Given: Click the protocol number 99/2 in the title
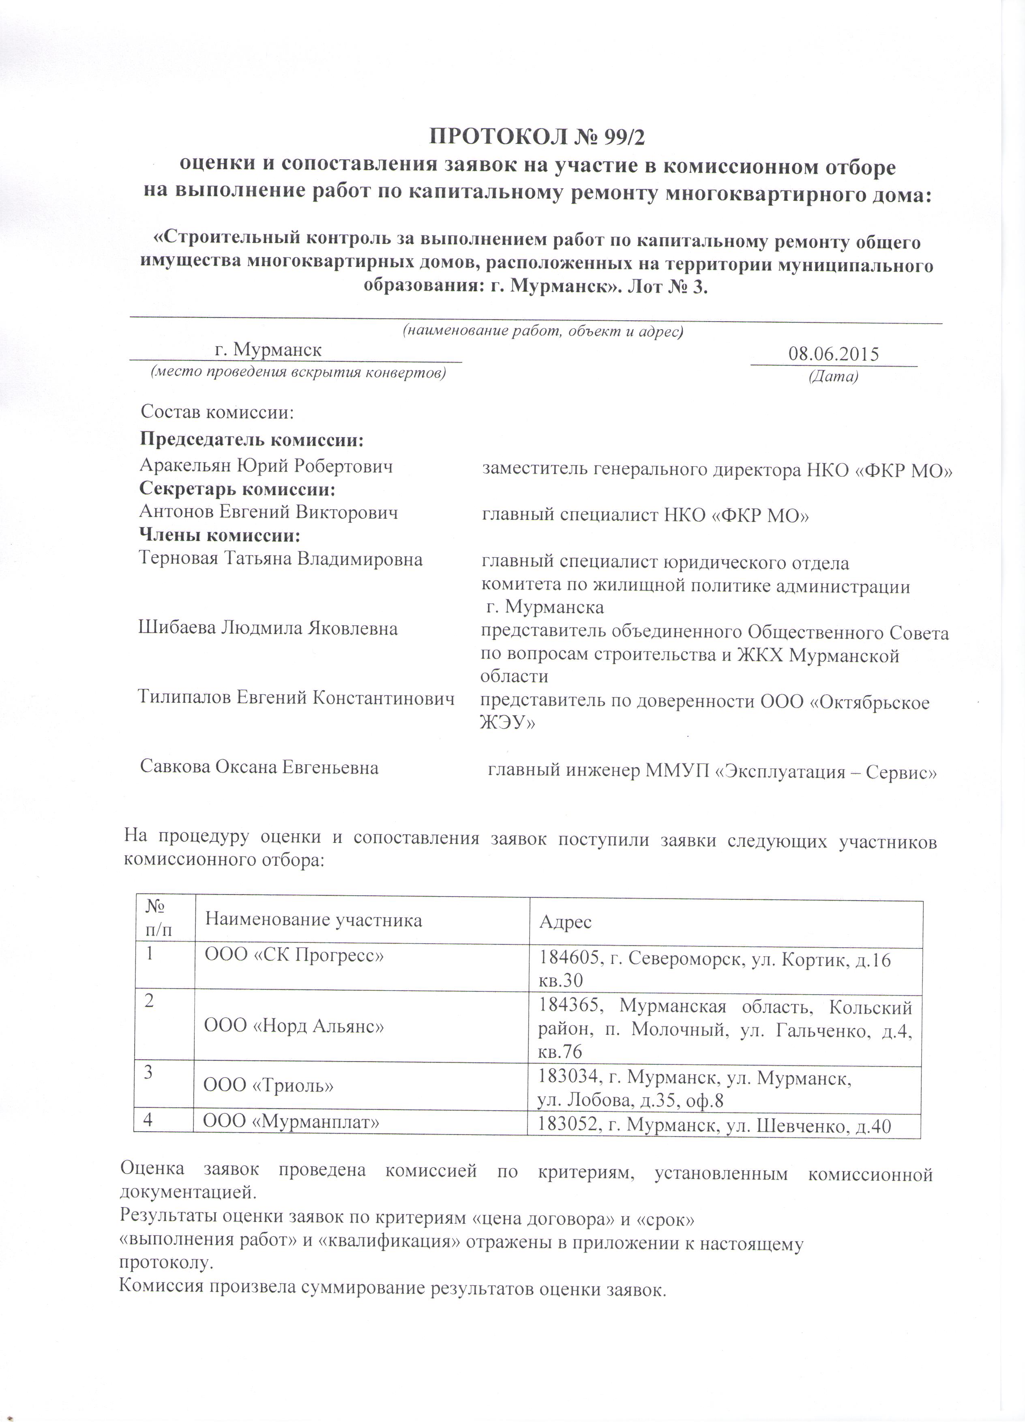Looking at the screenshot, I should pos(618,136).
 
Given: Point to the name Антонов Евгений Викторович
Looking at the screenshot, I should pos(268,512).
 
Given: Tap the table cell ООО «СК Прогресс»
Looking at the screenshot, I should pos(294,956).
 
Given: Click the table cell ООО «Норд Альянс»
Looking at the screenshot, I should pos(294,1026).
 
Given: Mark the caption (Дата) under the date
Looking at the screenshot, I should pos(833,376).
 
